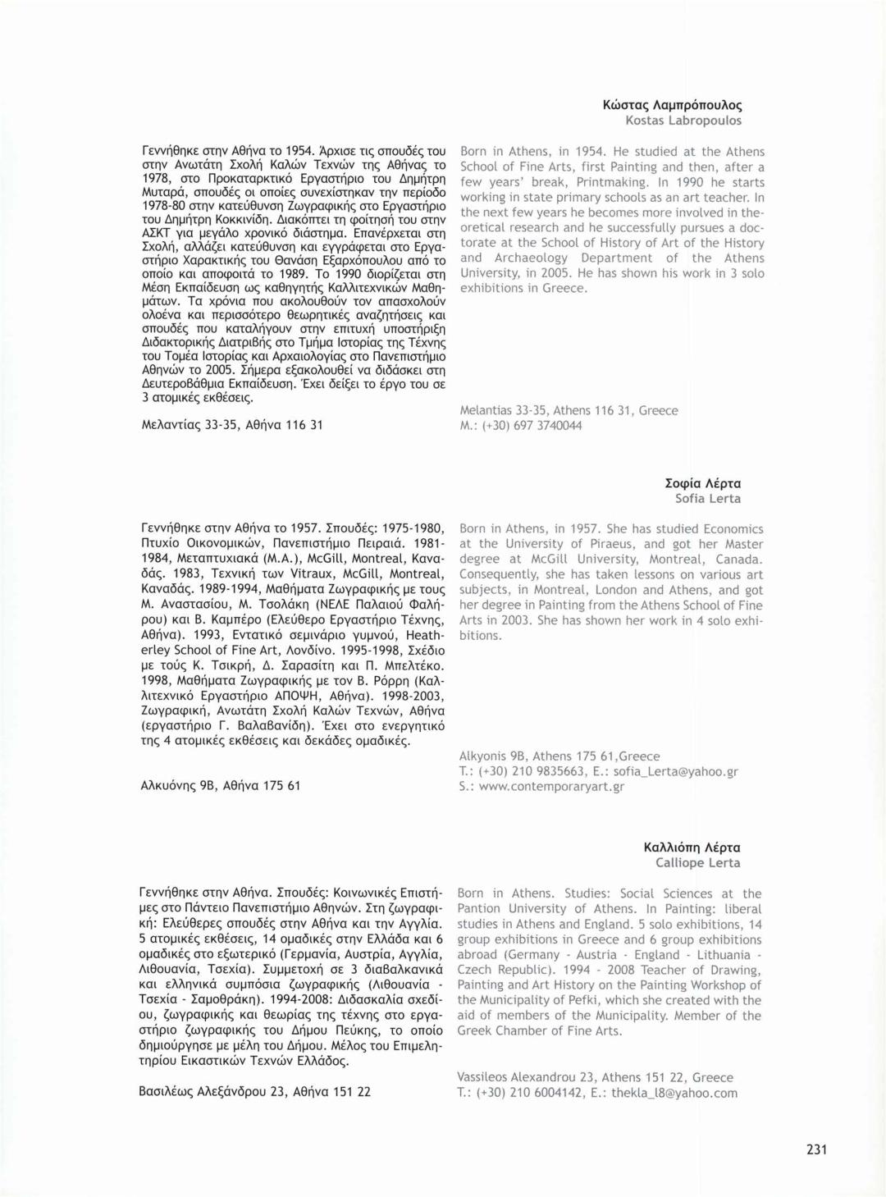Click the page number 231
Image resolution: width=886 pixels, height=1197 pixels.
point(816,1149)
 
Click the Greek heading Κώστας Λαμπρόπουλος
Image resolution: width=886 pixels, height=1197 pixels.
point(672,105)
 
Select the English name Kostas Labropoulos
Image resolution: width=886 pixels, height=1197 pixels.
point(683,121)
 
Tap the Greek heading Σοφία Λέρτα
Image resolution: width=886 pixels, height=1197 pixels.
point(702,483)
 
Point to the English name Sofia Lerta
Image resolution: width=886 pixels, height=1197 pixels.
point(707,498)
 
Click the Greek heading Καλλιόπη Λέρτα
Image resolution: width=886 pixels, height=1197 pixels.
point(692,847)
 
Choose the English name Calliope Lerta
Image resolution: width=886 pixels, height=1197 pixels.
point(697,862)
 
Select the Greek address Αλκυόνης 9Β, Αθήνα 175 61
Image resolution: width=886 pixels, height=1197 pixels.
point(221,785)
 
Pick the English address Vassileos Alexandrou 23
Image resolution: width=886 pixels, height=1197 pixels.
point(525,1077)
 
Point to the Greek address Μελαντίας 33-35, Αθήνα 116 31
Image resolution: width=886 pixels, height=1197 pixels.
point(232,424)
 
